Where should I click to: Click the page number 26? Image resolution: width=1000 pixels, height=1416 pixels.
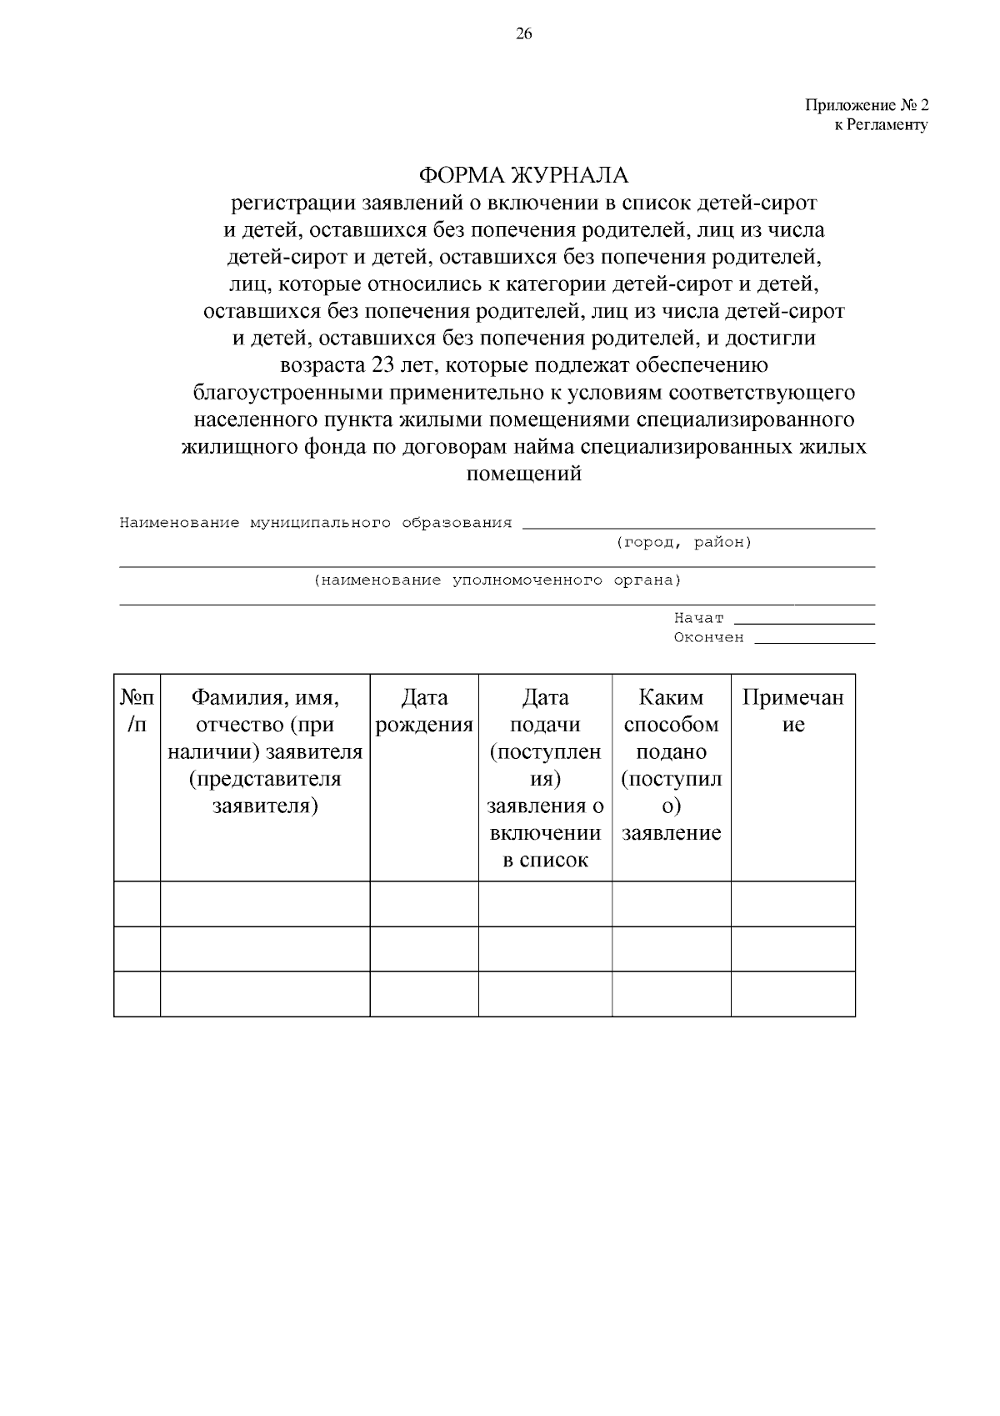point(523,34)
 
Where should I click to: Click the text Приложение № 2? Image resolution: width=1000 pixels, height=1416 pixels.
point(866,106)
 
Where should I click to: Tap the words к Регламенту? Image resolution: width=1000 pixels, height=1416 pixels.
point(881,125)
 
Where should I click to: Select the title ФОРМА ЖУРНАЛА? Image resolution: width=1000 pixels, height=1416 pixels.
point(523,176)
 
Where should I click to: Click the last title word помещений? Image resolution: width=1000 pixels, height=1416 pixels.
point(523,474)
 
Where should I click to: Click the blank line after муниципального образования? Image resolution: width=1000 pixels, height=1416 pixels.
point(698,526)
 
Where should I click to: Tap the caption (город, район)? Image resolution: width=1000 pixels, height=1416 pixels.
point(683,543)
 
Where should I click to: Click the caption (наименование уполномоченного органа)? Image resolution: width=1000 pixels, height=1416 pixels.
point(497,580)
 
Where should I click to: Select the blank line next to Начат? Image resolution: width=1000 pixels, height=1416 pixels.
point(804,621)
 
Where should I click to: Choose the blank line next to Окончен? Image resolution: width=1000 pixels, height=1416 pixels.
point(814,640)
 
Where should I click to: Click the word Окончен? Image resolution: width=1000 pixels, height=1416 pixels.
point(708,638)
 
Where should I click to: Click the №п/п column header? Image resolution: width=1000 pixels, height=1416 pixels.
point(137,711)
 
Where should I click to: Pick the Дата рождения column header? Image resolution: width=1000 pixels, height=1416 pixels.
point(424,711)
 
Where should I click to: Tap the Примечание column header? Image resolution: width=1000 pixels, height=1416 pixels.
point(792,711)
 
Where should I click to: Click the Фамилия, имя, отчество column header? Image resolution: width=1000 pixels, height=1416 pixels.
point(265,751)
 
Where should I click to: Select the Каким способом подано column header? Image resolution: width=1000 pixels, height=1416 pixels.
point(671,765)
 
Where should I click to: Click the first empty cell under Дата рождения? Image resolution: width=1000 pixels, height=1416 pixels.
point(424,903)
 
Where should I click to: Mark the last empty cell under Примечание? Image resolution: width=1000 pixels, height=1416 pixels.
point(792,993)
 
